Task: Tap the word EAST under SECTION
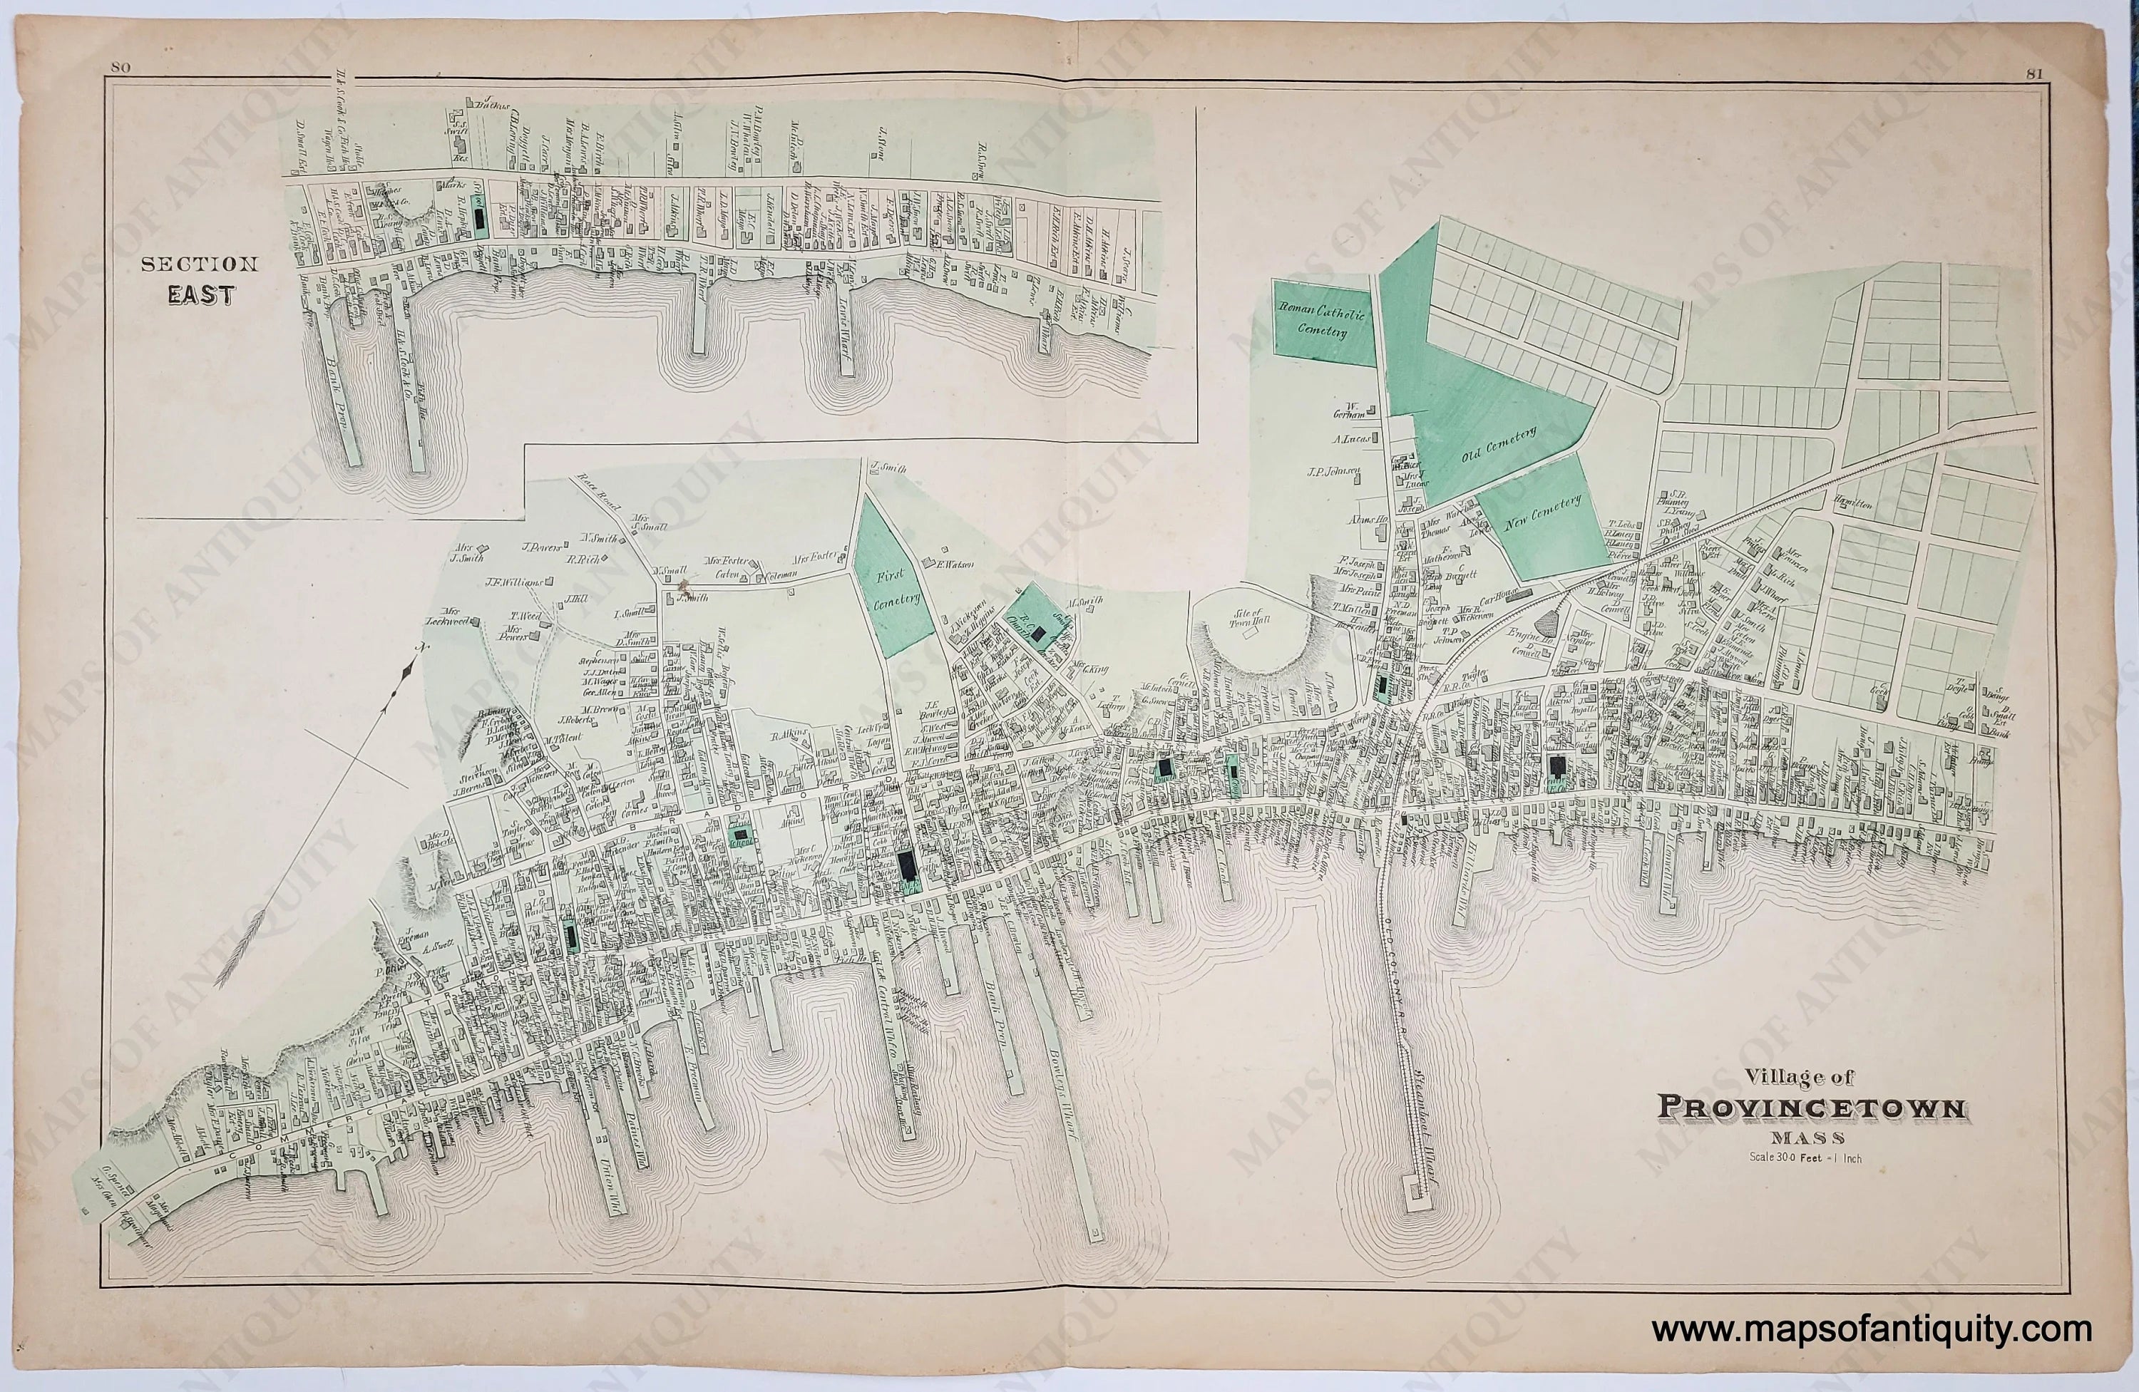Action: point(200,295)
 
